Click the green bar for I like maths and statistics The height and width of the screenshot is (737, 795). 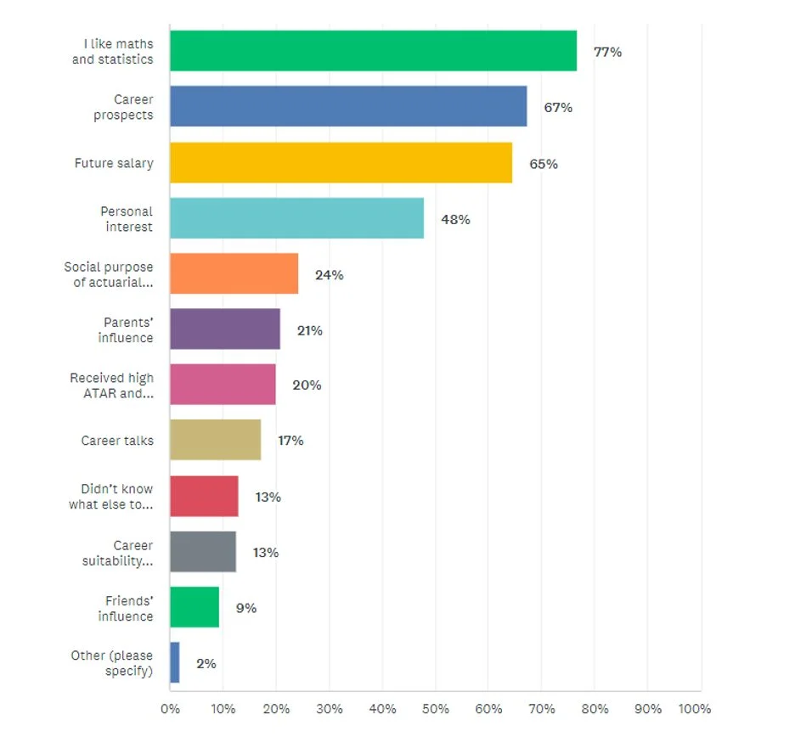373,51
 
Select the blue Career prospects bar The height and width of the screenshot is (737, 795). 348,106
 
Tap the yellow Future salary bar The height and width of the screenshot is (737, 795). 341,162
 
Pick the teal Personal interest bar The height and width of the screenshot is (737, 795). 296,218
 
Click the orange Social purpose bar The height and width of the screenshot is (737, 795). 234,273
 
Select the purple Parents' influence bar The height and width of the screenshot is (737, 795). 225,329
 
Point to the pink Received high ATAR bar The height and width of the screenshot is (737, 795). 223,385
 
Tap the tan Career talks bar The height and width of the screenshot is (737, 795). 215,440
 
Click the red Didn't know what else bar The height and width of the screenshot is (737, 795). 204,496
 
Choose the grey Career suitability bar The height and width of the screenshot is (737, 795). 203,552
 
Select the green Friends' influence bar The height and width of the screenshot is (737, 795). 195,607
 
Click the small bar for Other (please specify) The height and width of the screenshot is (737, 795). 175,663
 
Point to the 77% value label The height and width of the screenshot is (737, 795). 607,52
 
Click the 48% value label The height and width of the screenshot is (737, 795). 455,219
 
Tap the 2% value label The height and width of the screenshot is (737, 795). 206,664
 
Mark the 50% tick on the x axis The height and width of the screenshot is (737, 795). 435,709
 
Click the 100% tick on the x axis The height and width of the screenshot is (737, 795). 695,709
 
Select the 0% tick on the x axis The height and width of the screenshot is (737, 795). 170,709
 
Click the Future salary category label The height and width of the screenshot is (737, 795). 114,163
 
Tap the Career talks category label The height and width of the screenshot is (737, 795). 117,441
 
